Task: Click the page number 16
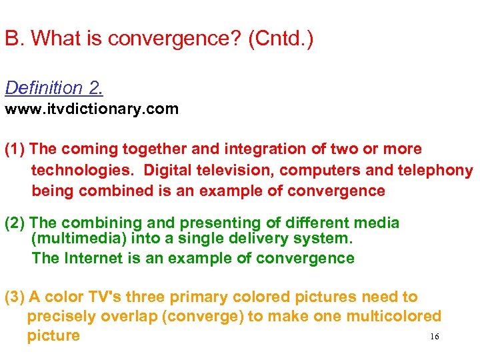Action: click(x=435, y=337)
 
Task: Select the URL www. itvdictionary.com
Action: click(x=91, y=109)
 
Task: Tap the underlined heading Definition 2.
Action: click(x=54, y=88)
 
